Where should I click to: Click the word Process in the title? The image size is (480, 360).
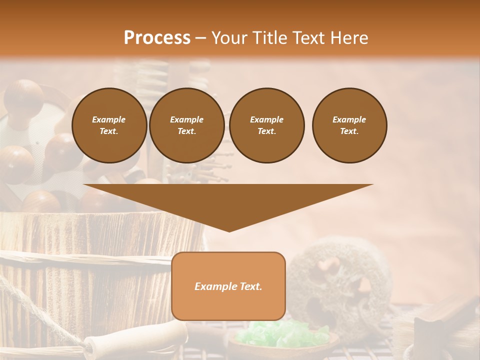coord(157,37)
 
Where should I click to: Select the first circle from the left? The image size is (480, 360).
coord(109,125)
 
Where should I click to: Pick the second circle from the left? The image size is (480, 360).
coord(186,125)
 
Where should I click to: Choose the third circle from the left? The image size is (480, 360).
coord(266,125)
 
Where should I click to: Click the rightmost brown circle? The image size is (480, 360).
coord(349,125)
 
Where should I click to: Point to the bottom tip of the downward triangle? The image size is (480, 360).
coord(229,230)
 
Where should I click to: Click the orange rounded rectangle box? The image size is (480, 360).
coord(228,286)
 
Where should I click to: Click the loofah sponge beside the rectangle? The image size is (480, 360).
coord(340,285)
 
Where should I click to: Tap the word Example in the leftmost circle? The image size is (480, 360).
coord(109,119)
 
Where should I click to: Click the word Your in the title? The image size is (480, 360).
coord(229,37)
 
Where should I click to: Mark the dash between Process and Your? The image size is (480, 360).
coord(200,38)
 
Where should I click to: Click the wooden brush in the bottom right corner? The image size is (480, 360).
coord(440,320)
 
